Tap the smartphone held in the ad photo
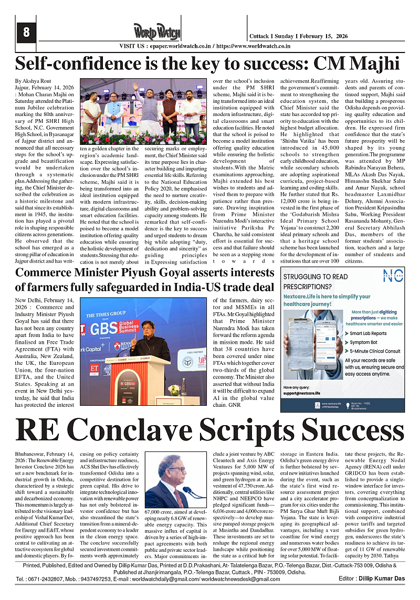point(313,336)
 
